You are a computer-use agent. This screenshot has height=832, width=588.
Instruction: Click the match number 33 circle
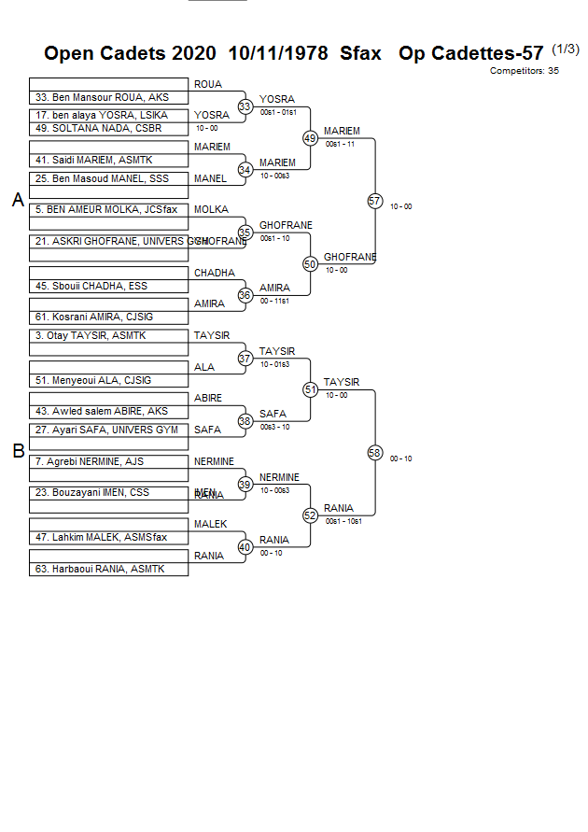(245, 107)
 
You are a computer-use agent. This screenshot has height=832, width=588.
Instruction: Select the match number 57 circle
(375, 201)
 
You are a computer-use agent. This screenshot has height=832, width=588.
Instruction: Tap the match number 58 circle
(375, 453)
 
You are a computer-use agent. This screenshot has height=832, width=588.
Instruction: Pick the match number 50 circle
(311, 264)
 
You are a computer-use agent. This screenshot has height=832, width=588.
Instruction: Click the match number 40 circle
(245, 547)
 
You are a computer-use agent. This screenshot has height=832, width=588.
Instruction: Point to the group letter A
(18, 200)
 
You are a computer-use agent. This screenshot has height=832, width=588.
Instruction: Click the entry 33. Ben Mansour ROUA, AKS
(102, 97)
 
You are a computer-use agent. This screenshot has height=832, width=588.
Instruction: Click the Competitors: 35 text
(524, 70)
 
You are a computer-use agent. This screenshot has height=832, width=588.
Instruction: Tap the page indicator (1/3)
(566, 49)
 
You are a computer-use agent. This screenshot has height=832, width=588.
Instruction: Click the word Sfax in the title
(360, 54)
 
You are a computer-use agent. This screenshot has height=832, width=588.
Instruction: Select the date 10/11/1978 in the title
(278, 54)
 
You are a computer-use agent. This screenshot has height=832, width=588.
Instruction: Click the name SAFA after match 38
(273, 414)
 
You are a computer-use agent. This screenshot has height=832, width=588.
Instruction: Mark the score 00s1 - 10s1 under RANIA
(343, 521)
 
